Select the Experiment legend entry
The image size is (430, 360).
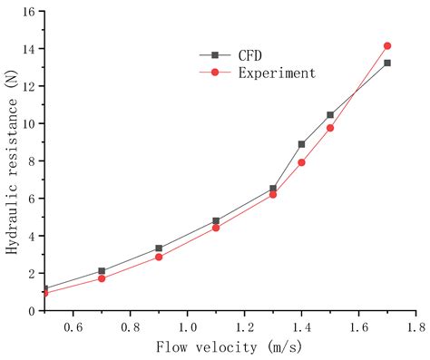pos(277,73)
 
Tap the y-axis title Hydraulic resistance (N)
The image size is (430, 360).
pos(12,161)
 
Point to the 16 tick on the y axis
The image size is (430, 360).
pos(28,12)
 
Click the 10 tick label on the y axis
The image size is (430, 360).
pos(28,123)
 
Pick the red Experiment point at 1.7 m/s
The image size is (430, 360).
pos(387,45)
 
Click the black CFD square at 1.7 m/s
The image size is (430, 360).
pos(387,63)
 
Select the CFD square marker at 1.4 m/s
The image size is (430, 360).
pos(302,144)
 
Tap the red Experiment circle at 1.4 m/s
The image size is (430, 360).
pos(302,162)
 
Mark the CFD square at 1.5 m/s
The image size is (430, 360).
pos(330,115)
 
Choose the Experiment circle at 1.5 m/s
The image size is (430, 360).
pos(330,128)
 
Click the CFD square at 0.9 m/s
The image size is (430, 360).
pos(159,248)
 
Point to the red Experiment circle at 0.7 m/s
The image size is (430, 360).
pos(102,278)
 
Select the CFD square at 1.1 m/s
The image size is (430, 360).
pos(216,220)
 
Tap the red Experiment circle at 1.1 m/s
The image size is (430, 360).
pos(216,228)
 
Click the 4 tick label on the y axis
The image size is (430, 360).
pos(31,236)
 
